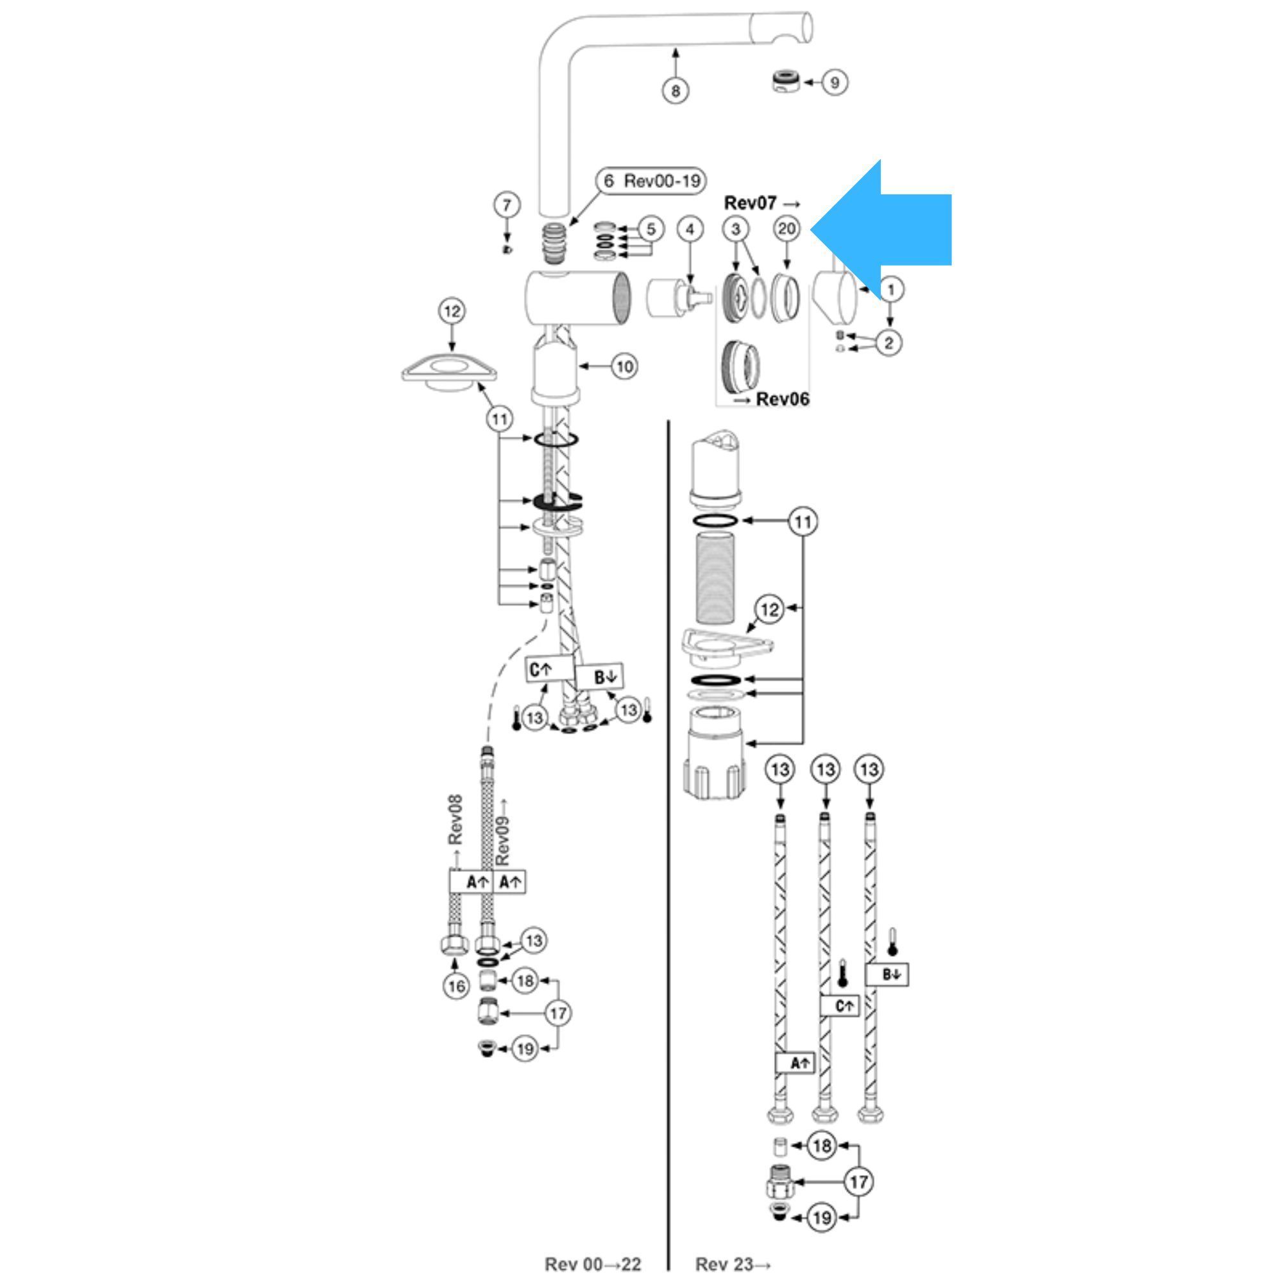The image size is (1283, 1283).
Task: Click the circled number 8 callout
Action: pyautogui.click(x=675, y=90)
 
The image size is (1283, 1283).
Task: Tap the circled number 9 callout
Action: pyautogui.click(x=834, y=82)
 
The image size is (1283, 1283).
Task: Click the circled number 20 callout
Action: pyautogui.click(x=787, y=229)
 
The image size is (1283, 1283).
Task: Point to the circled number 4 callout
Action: pyautogui.click(x=690, y=230)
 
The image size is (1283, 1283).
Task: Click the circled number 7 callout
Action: pyautogui.click(x=507, y=205)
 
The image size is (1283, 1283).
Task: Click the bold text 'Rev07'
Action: pyautogui.click(x=751, y=203)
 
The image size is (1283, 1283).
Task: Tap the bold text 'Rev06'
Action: pyautogui.click(x=782, y=399)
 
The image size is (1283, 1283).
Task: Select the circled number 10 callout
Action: pyautogui.click(x=624, y=366)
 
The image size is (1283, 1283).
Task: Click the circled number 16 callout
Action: pyautogui.click(x=456, y=986)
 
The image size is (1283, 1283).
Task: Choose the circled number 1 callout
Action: pyautogui.click(x=891, y=289)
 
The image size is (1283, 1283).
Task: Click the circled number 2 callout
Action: pyautogui.click(x=888, y=343)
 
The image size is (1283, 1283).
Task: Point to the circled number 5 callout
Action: pyautogui.click(x=650, y=229)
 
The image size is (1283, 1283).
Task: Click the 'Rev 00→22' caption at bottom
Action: pyautogui.click(x=593, y=1264)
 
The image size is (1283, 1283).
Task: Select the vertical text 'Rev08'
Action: pyautogui.click(x=455, y=820)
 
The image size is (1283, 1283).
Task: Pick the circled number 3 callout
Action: pyautogui.click(x=735, y=229)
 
